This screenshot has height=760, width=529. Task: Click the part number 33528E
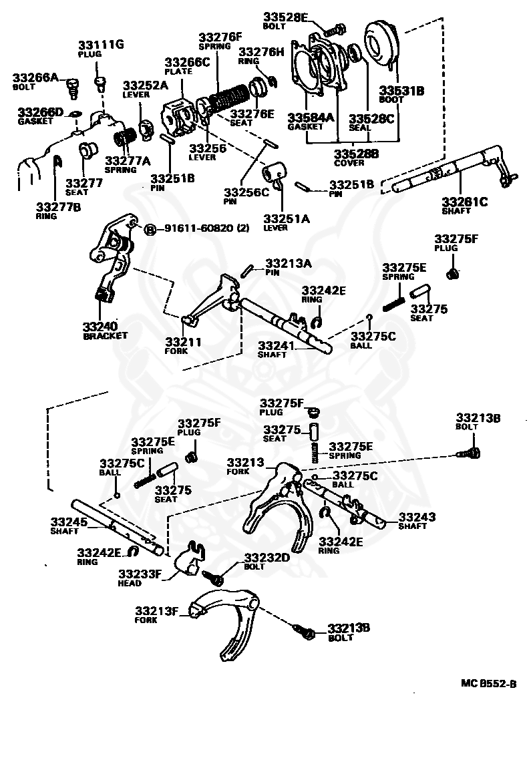tap(286, 17)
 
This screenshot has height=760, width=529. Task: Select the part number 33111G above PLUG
tap(101, 45)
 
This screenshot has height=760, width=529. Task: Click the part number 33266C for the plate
tap(187, 62)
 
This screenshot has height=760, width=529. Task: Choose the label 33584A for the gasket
tap(311, 118)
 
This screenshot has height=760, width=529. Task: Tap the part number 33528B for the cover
tap(357, 154)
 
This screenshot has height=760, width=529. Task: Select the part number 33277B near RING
tap(59, 207)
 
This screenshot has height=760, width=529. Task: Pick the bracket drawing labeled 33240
tap(112, 256)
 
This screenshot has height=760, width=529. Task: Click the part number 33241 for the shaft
tap(276, 345)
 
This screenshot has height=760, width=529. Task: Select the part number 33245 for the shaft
tap(69, 522)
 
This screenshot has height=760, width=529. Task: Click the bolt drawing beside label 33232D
tap(213, 577)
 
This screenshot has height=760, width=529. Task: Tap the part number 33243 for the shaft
tap(417, 517)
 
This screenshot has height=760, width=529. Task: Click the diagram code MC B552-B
tap(488, 683)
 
